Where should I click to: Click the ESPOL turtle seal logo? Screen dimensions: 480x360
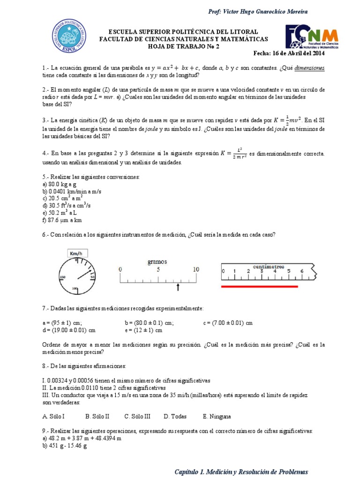69,37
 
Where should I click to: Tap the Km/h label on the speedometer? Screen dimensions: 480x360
76,254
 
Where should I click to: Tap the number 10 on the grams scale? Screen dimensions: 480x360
195,270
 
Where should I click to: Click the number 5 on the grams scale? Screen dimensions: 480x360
158,270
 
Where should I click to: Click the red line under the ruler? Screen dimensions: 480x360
260,286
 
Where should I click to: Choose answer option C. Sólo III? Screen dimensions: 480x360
137,416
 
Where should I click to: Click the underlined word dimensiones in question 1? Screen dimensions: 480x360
309,67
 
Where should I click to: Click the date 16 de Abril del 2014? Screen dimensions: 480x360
289,53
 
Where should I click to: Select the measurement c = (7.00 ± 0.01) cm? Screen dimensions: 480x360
228,322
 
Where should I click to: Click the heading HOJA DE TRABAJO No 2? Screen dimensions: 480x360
183,47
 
